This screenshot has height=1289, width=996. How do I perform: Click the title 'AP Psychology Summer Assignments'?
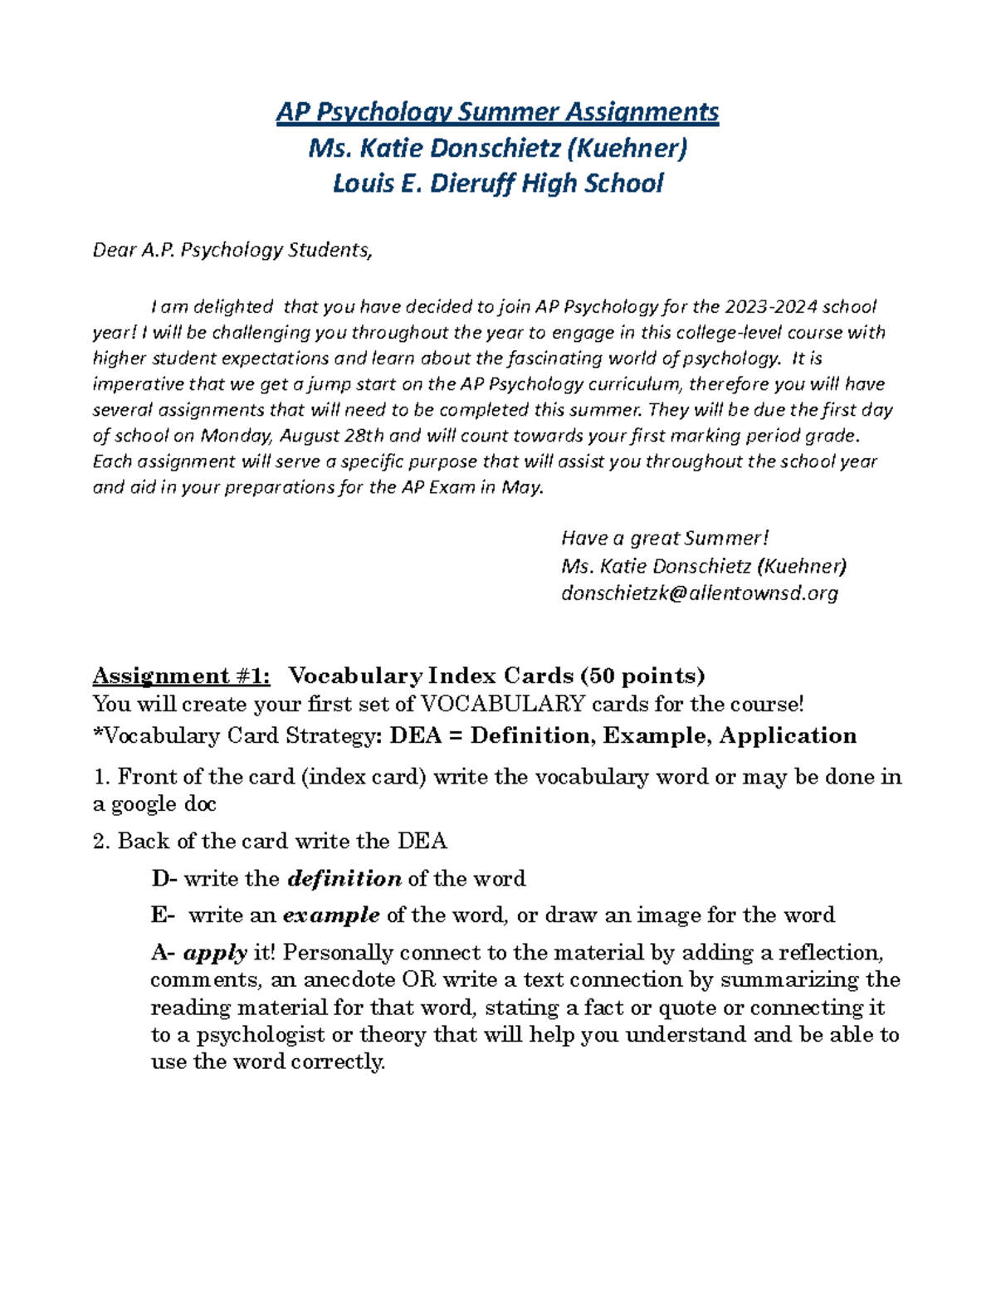[497, 112]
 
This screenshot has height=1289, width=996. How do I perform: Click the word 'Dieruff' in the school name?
[472, 183]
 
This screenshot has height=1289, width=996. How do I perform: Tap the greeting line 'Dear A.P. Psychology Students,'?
[232, 250]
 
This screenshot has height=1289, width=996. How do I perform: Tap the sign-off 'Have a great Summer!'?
[665, 538]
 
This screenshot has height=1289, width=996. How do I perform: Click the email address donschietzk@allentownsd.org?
[699, 593]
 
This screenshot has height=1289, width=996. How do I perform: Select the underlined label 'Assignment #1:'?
[181, 676]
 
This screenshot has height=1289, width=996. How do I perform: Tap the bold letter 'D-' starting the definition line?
[164, 879]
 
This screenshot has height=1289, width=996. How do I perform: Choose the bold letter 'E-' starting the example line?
[163, 915]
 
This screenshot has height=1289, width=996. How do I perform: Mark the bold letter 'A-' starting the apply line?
[163, 952]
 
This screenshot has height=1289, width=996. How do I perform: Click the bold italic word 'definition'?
[344, 879]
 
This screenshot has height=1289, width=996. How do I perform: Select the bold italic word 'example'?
[331, 915]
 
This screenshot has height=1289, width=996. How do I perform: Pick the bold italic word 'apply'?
[215, 953]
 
